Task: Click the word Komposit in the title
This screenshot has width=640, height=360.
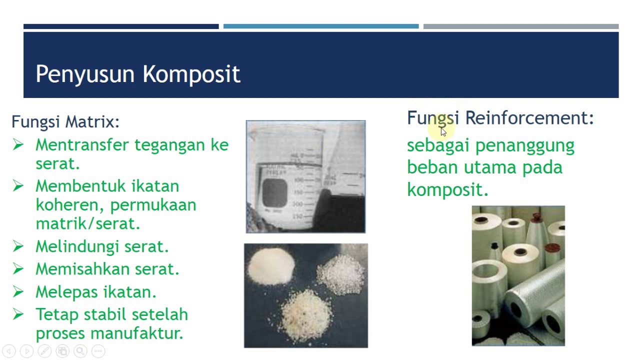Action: point(191,74)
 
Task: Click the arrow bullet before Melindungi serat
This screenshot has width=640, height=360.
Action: point(18,246)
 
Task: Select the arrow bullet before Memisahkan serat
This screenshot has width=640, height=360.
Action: point(18,268)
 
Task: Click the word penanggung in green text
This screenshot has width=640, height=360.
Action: point(524,146)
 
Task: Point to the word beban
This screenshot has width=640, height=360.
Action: point(432,167)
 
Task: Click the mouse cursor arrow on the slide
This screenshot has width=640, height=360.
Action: point(443,131)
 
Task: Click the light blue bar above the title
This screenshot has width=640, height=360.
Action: point(320,26)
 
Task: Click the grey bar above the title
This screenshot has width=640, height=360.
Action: point(520,26)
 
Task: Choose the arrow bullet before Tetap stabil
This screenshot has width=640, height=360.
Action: point(18,314)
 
